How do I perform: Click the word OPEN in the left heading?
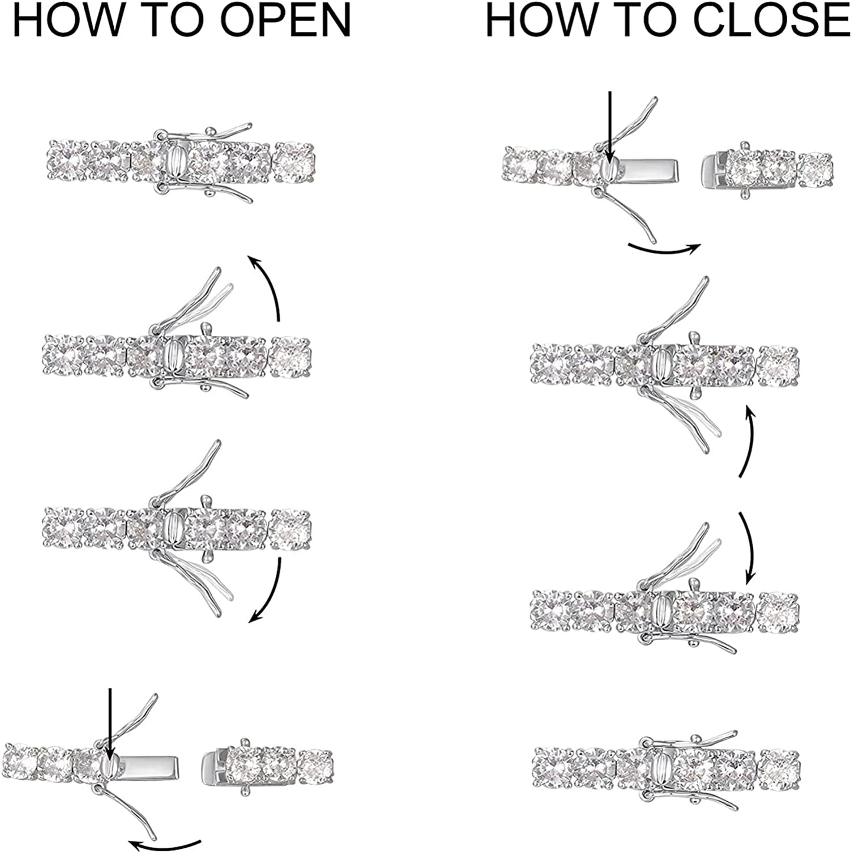286,20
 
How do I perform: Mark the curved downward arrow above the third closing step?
748,548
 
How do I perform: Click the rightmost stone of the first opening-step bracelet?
294,162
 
